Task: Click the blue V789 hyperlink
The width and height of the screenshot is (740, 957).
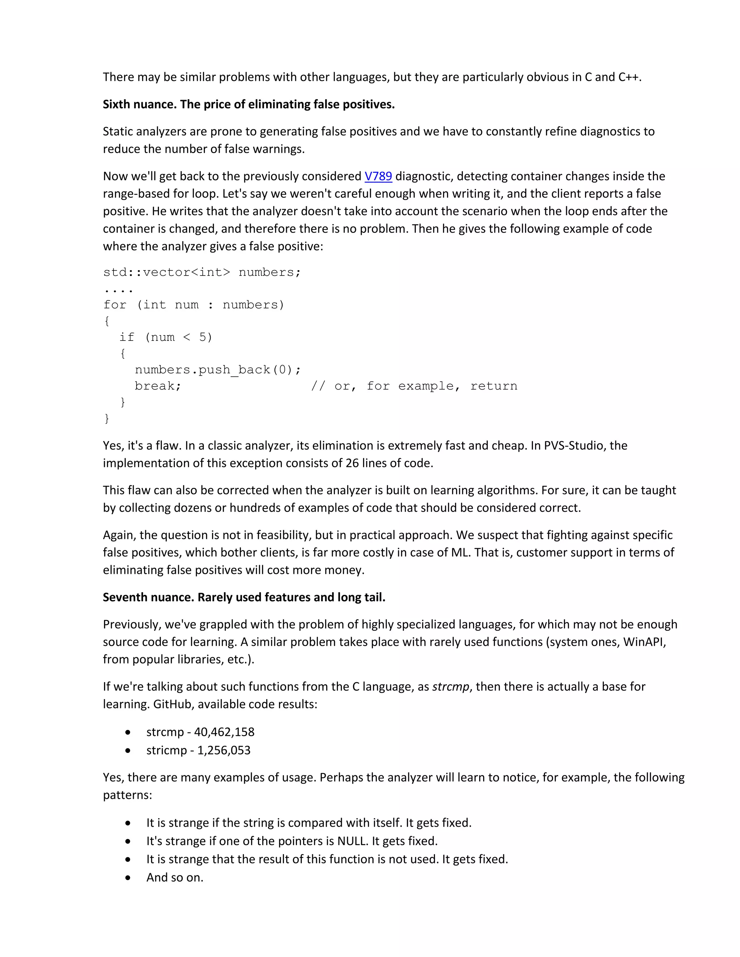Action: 378,176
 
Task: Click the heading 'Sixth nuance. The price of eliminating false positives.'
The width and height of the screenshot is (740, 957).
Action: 249,104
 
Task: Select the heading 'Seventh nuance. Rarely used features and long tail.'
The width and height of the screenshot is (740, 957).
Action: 244,597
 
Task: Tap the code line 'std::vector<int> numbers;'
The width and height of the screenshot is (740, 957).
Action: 202,272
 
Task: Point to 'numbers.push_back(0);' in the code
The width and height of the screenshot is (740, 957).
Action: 218,370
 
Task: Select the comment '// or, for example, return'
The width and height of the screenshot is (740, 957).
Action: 414,386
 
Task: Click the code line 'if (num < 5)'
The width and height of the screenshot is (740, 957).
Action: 166,337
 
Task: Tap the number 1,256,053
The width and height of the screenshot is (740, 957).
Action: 224,750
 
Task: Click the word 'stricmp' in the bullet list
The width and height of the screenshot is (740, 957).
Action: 166,750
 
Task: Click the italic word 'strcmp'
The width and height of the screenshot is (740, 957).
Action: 450,687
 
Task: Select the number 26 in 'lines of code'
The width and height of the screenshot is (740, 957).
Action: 352,463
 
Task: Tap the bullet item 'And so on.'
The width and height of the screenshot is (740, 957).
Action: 175,878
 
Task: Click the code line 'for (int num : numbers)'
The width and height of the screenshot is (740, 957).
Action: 194,305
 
